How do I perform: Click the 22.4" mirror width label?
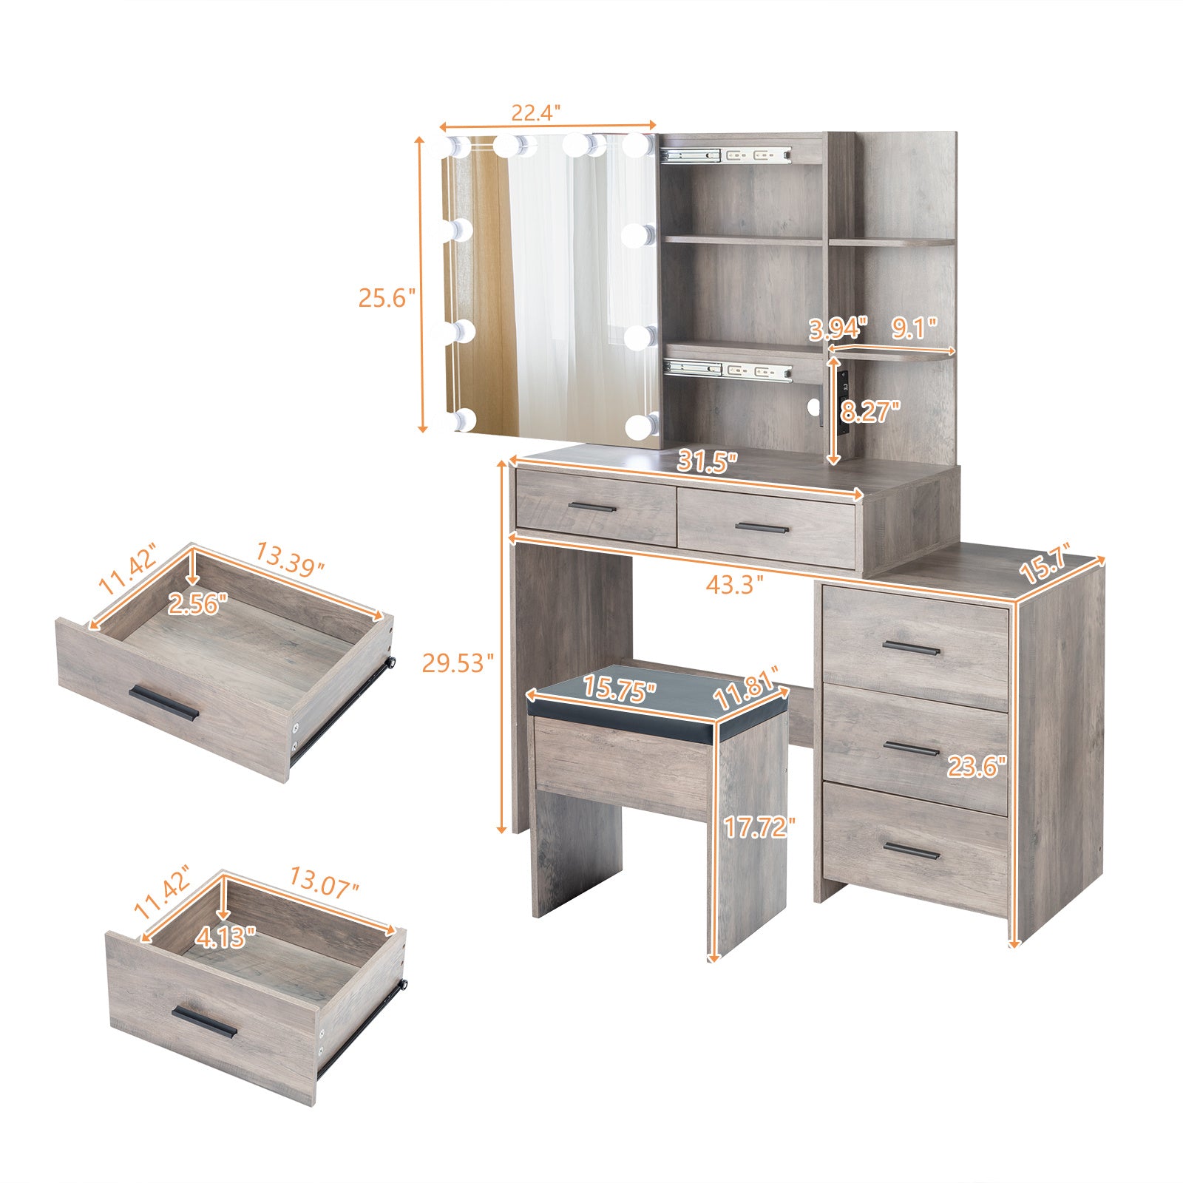[536, 113]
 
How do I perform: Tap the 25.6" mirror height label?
[382, 298]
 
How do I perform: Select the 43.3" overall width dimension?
[734, 585]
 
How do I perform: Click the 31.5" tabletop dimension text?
[708, 463]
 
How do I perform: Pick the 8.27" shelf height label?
[870, 411]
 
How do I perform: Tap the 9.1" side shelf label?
[914, 328]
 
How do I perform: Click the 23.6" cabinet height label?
[977, 767]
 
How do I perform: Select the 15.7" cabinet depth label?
[1044, 566]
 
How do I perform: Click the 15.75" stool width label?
[620, 689]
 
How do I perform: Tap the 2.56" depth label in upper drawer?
[194, 605]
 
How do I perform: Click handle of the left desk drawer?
[591, 507]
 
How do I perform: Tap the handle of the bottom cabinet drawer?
[912, 851]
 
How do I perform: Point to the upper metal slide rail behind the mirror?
[725, 155]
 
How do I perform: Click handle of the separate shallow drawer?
[164, 704]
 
